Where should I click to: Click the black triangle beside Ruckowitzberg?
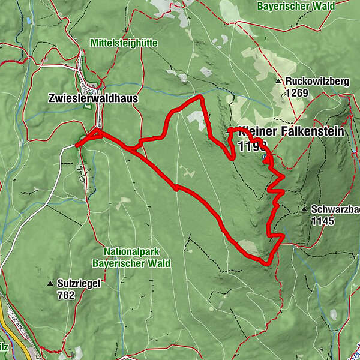(278, 81)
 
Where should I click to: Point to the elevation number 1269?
(296, 92)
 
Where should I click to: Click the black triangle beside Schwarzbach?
(304, 209)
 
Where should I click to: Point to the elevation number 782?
(66, 295)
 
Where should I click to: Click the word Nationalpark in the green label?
(131, 252)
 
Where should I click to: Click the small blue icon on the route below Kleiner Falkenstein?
(265, 157)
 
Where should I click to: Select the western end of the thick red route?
(76, 145)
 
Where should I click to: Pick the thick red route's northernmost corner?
(200, 96)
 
